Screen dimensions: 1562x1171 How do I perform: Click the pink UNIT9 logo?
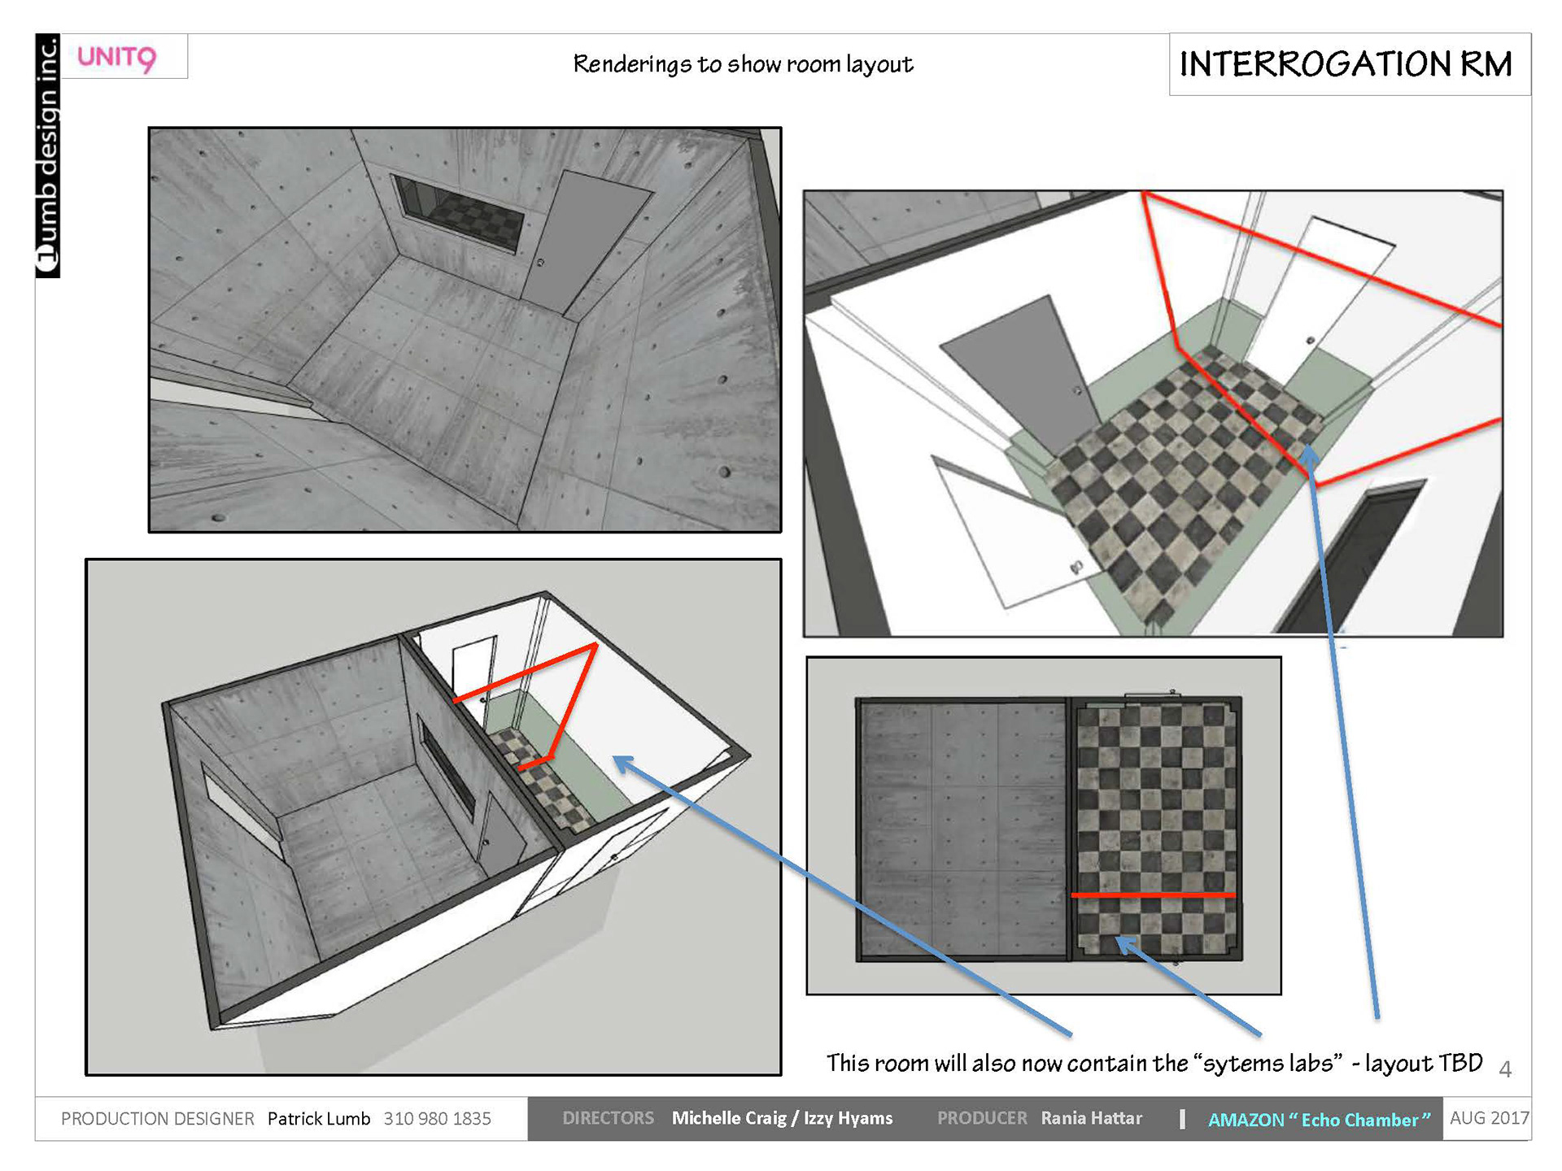coord(116,58)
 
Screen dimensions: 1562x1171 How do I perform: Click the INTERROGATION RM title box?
coord(1349,64)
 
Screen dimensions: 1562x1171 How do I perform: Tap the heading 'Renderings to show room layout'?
coord(743,64)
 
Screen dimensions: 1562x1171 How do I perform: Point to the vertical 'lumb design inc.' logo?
coord(48,155)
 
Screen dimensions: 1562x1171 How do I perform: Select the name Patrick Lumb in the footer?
coord(319,1119)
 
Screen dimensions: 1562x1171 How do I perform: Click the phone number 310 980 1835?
coord(438,1119)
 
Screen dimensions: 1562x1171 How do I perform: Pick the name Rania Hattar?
coord(1092,1118)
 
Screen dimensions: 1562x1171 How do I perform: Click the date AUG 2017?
coord(1490,1118)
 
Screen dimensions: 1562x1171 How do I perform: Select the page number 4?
coord(1505,1069)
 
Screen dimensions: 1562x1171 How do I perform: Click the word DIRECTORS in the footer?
coord(608,1118)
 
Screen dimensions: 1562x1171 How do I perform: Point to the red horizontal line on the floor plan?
coord(1153,895)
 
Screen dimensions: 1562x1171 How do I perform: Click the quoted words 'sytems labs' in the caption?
coord(1267,1063)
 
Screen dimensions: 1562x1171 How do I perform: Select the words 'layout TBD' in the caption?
coord(1424,1063)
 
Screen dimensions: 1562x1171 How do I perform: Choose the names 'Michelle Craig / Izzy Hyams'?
coord(782,1118)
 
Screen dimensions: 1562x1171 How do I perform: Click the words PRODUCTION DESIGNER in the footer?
coord(158,1119)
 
